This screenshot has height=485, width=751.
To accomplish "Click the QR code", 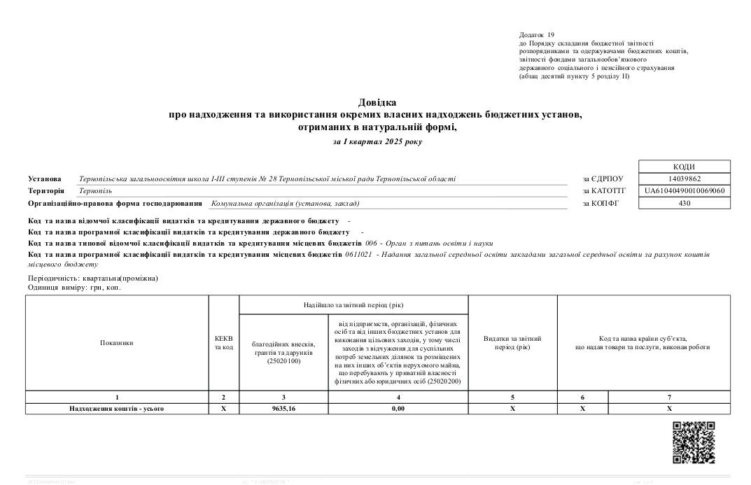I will pos(694,442).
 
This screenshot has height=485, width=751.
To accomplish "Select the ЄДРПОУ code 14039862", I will pos(684,178).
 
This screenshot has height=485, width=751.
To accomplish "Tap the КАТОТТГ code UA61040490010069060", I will pos(684,190).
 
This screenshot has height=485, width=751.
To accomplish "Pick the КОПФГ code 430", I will pos(684,203).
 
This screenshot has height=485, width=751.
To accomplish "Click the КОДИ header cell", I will pos(684,167).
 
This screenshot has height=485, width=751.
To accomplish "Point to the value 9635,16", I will pos(283,408).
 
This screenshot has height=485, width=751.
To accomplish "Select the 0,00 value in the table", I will pos(398,408).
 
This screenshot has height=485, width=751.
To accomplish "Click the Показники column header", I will pos(117,343).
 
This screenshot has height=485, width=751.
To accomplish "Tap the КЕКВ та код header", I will pos(224,343).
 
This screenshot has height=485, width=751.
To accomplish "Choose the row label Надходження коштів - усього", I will pos(117,408).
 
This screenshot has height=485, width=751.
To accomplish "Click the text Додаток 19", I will pos(537,34).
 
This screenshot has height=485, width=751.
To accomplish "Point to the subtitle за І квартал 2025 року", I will pos(377,141).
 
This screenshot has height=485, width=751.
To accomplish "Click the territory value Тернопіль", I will pos(96,190).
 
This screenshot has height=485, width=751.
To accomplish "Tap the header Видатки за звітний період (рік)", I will pos(512,343).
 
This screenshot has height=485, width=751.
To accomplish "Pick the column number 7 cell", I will pos(669,398).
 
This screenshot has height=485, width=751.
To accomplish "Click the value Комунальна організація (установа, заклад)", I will pos(285,204).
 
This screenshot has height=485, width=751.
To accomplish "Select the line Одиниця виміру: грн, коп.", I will pos(69,288).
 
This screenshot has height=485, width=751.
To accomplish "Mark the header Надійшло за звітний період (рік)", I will pos(353,304).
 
